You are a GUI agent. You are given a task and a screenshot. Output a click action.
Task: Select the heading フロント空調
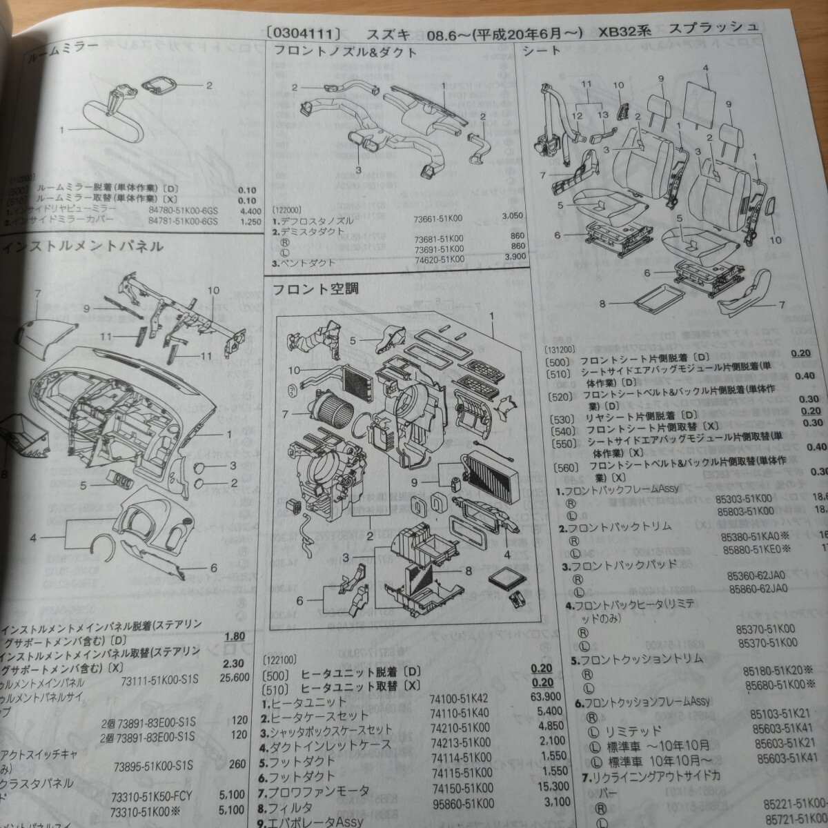coord(316,289)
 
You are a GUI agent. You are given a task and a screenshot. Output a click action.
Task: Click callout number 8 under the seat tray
coord(602,302)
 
